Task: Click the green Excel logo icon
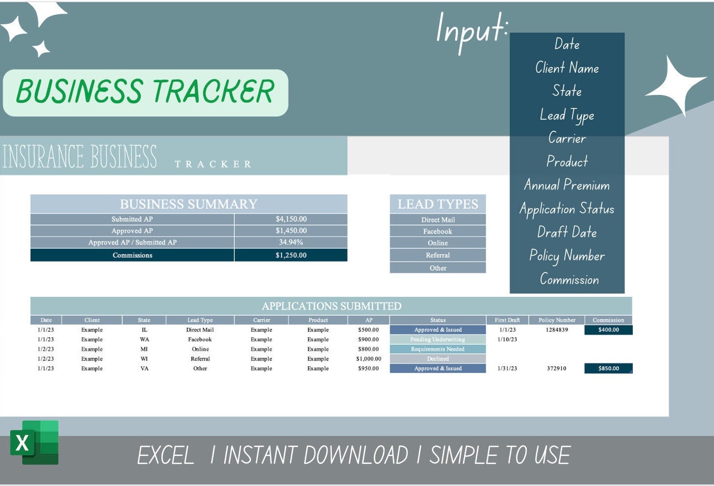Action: click(34, 442)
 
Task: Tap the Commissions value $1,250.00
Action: click(291, 255)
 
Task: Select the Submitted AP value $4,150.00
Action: click(291, 219)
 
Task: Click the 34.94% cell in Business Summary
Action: click(291, 242)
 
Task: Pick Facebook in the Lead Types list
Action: click(438, 231)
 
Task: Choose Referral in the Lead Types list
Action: click(438, 255)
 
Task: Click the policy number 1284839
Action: click(557, 330)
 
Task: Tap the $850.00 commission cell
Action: click(609, 368)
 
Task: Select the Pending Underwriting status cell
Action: click(438, 339)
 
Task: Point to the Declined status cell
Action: click(438, 359)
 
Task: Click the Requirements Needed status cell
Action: click(438, 349)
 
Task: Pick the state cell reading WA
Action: click(144, 339)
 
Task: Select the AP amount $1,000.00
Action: click(369, 359)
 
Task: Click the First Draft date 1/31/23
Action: click(507, 368)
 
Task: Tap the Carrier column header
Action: click(262, 320)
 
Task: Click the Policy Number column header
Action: click(557, 320)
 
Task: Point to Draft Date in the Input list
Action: click(567, 232)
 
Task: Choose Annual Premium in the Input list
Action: click(567, 185)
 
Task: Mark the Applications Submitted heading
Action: click(331, 306)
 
